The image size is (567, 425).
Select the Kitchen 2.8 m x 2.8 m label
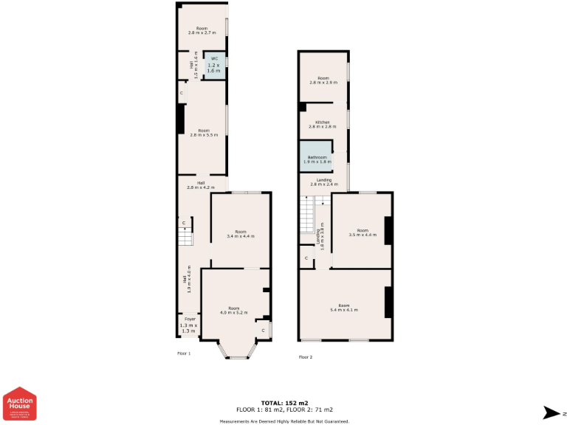point(322,124)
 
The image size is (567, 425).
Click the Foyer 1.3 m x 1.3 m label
point(190,325)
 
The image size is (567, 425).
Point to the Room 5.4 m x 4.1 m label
point(343,308)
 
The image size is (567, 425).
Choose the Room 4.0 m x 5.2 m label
point(233,310)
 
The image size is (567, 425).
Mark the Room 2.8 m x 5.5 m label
point(204,133)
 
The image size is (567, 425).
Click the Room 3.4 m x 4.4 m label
point(240,234)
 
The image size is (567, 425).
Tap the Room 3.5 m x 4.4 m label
point(362,232)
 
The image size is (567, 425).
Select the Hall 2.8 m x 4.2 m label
point(200,185)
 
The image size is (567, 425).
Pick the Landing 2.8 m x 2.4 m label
point(323,182)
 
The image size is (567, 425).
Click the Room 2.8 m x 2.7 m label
point(202,30)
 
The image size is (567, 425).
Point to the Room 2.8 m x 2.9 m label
point(323,80)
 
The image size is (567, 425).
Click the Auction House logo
point(20,404)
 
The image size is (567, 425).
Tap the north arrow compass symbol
point(550,412)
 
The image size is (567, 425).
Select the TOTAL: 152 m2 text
point(284,403)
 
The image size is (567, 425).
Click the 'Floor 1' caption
point(184,353)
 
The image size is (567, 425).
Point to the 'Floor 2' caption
point(306,357)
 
